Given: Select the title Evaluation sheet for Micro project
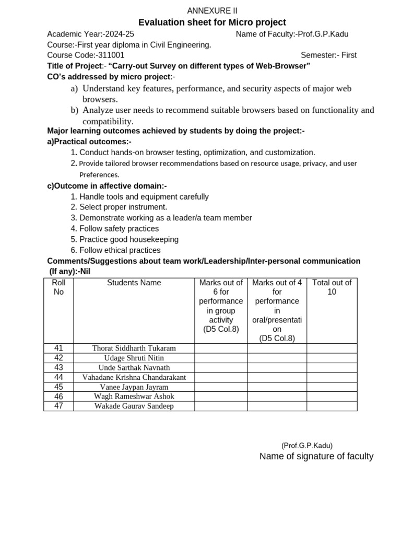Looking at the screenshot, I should [x=212, y=22].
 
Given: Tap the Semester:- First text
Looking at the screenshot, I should [x=328, y=55].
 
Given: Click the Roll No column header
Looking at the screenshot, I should [x=58, y=287].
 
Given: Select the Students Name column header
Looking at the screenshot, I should [x=134, y=283].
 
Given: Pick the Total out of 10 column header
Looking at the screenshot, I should [x=332, y=287].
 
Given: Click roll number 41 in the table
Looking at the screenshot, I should [x=58, y=348].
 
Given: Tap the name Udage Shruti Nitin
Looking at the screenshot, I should [x=134, y=358].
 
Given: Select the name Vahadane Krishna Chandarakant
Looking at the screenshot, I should [x=134, y=377].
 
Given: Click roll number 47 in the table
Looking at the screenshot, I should [x=58, y=406].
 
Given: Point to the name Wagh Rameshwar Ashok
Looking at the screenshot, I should [x=134, y=397].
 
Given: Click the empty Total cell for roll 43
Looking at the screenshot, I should [x=332, y=368].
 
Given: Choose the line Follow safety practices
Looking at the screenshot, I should [x=119, y=229].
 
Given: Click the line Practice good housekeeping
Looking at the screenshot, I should [x=128, y=239].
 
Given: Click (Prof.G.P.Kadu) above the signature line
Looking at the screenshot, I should [x=306, y=446].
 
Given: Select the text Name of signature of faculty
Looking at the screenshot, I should [x=316, y=457].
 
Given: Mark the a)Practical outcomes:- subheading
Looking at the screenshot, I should [x=89, y=142].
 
